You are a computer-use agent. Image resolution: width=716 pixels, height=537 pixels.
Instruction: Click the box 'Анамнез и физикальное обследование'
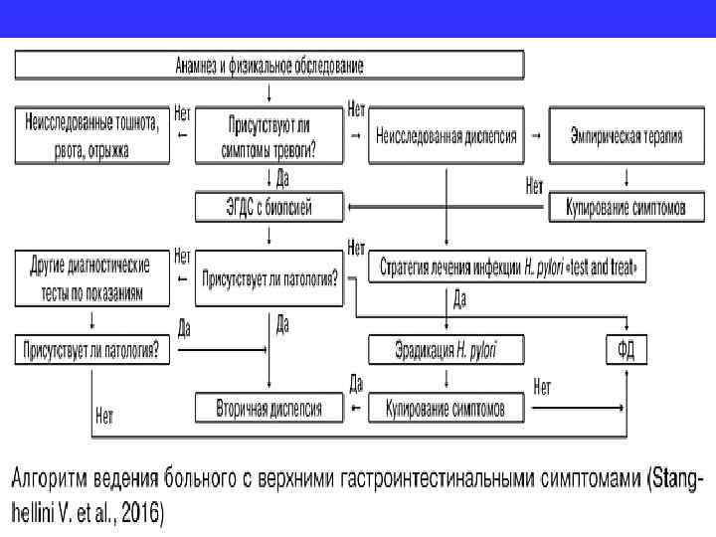[268, 66]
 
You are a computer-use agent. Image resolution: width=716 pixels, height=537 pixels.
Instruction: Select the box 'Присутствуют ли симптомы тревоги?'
[268, 136]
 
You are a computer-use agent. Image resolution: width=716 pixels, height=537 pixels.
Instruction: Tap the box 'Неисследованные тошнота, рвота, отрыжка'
[91, 136]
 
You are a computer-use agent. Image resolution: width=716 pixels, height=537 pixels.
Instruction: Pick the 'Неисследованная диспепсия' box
[447, 136]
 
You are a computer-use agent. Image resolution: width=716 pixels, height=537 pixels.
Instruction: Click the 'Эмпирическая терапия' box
[626, 136]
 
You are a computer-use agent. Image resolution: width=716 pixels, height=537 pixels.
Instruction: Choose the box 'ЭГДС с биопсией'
[268, 207]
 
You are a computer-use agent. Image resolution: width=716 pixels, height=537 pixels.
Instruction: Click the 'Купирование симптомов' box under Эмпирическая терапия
[626, 207]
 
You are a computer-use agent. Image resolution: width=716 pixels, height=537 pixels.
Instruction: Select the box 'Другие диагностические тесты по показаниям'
[91, 278]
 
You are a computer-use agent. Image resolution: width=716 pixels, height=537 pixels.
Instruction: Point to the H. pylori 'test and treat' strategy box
[507, 268]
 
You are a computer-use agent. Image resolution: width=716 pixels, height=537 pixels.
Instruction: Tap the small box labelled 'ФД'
[626, 349]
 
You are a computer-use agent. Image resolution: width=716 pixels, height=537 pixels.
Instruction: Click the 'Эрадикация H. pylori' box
[447, 349]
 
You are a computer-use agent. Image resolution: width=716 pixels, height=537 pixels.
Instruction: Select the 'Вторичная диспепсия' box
[268, 408]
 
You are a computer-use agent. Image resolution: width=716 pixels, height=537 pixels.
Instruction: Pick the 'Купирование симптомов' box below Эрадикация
[447, 408]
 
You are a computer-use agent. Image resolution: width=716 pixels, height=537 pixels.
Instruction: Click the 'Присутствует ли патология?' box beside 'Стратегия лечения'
[268, 278]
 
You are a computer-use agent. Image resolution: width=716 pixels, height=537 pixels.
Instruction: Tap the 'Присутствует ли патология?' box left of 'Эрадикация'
[91, 349]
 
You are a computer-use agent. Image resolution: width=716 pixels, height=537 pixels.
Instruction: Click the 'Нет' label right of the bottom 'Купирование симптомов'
[543, 388]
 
